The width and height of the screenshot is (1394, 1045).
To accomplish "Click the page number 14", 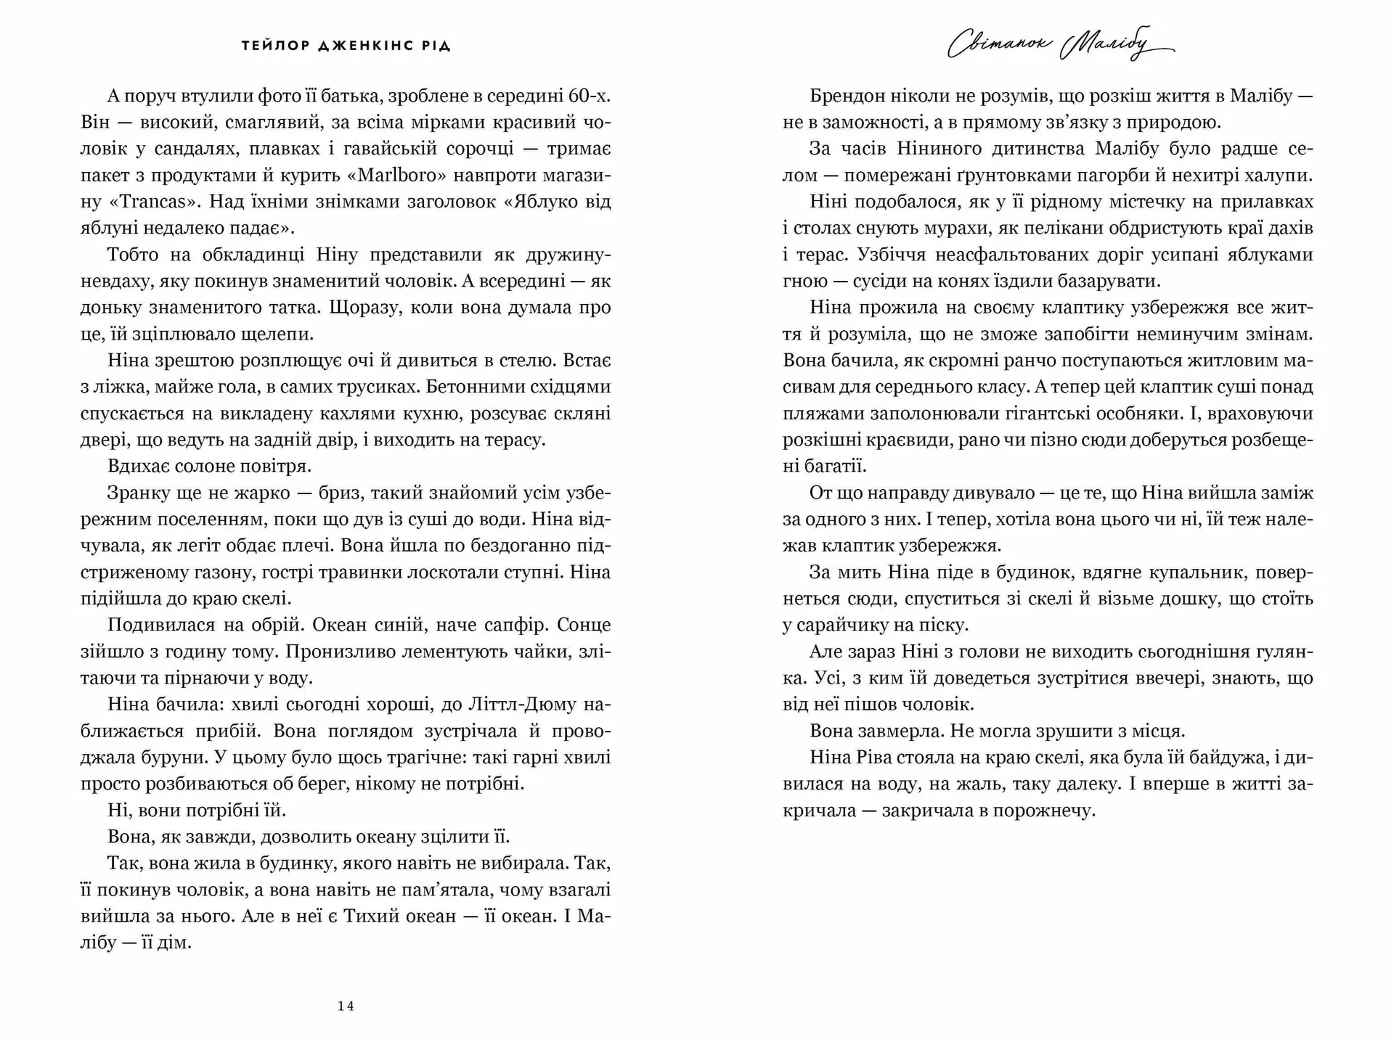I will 346,1006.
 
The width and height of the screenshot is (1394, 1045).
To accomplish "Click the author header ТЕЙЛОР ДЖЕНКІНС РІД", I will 346,46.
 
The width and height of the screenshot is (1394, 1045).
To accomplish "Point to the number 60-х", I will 590,96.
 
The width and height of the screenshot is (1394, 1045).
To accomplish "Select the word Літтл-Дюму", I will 514,704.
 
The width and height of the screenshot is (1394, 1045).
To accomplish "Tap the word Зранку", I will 138,493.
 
